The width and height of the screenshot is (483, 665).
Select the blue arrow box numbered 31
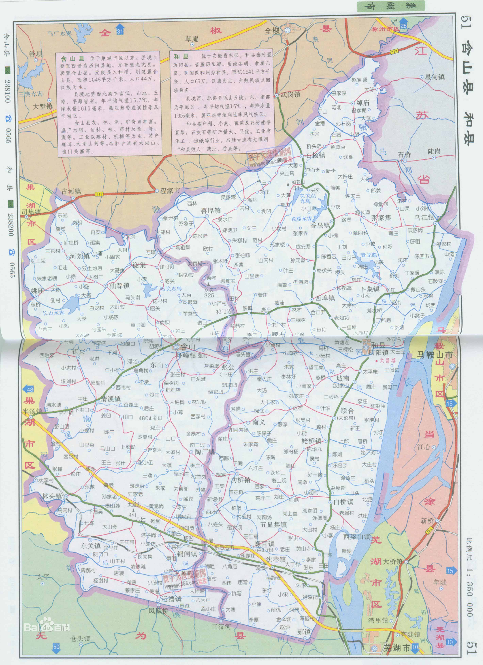click(119, 31)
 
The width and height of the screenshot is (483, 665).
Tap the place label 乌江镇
click(424, 217)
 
